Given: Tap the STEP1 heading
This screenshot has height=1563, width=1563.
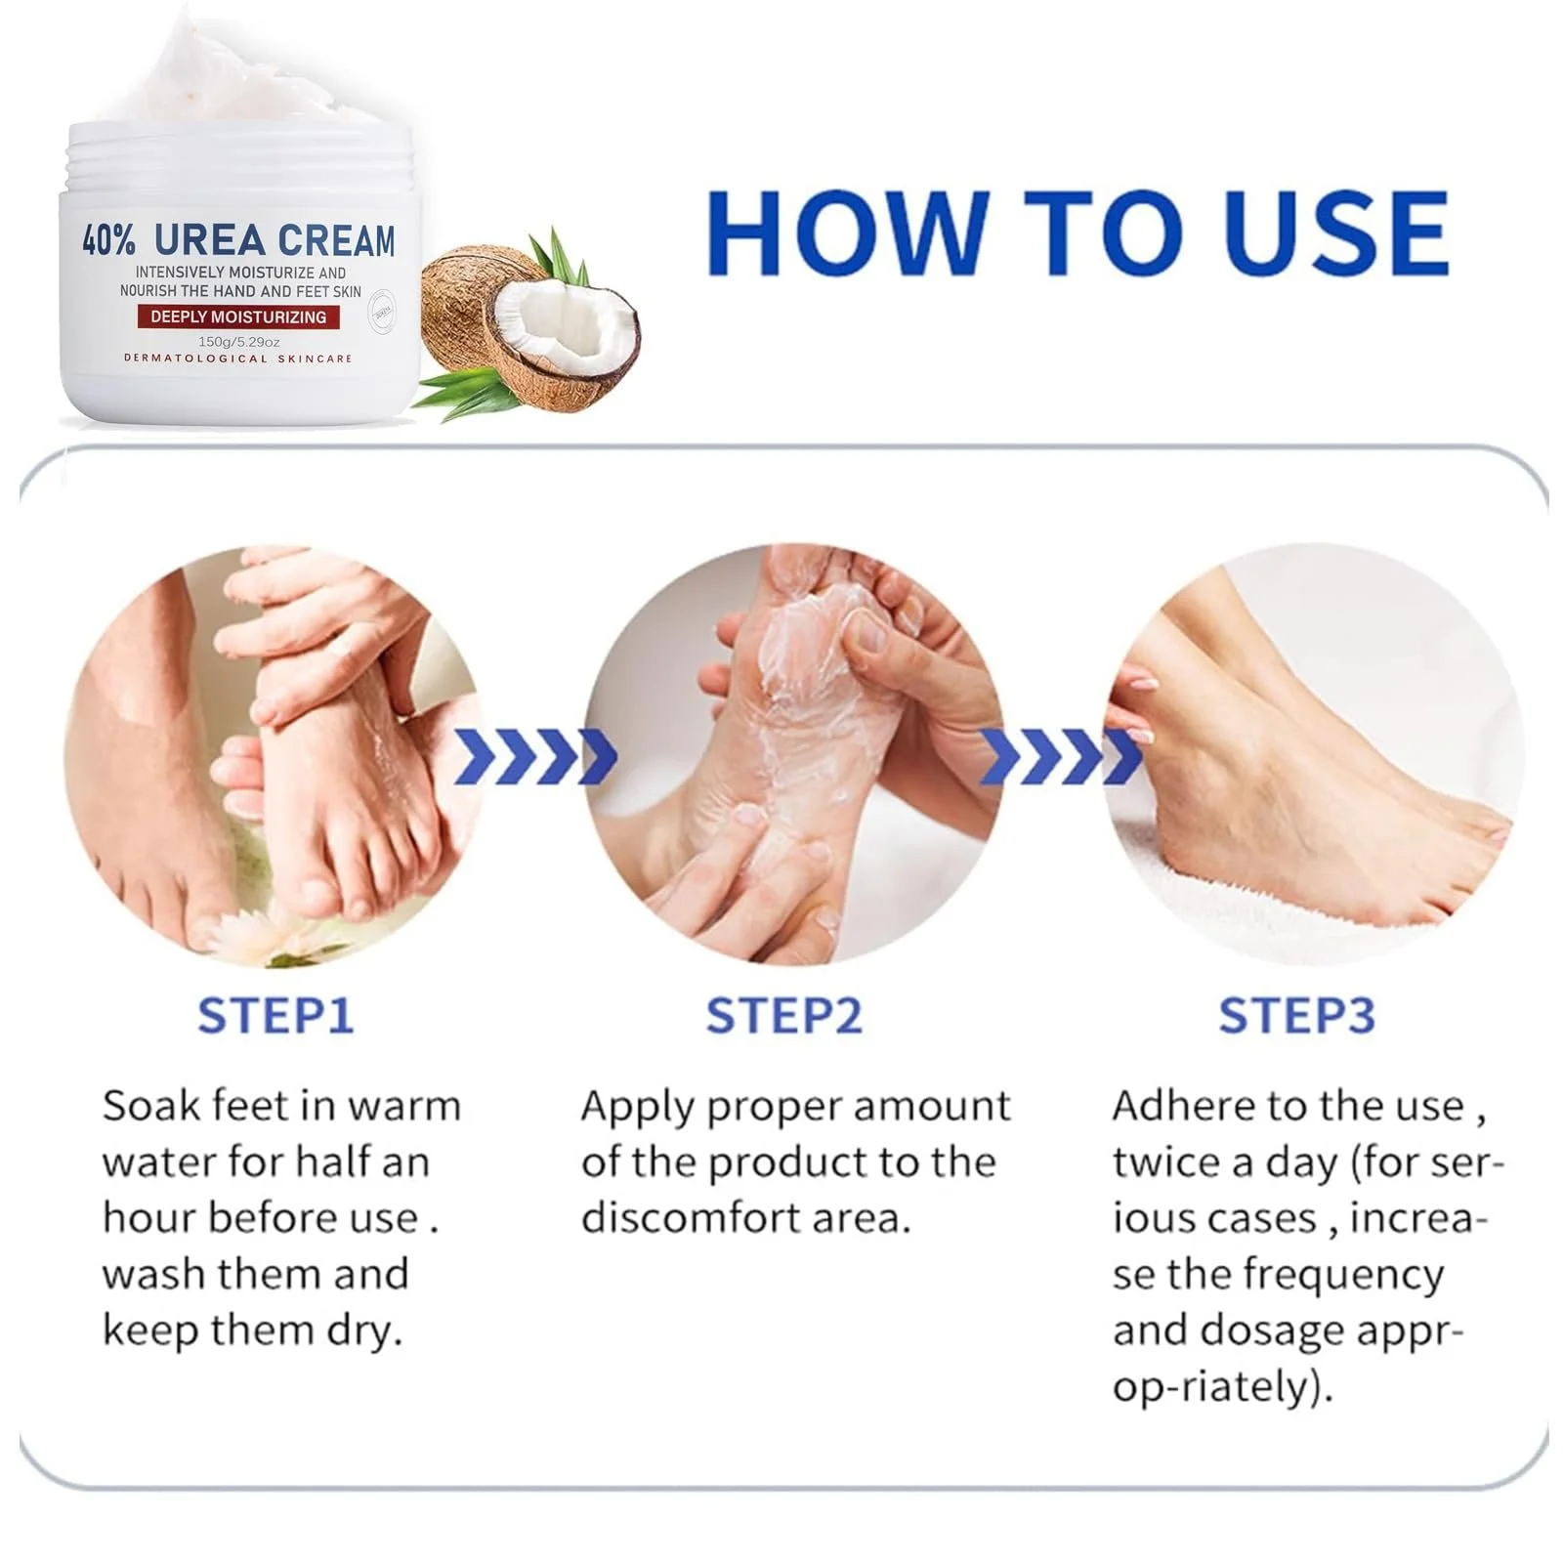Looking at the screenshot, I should tap(275, 1016).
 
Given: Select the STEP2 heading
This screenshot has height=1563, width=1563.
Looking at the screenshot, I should tap(784, 1016).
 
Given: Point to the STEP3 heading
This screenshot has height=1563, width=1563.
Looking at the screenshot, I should tap(1296, 1016).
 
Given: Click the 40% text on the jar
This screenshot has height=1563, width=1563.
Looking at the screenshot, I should tap(107, 240).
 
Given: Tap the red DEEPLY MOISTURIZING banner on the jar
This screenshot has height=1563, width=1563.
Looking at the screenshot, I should tap(238, 317).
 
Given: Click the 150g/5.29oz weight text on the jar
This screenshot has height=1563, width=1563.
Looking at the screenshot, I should tap(238, 342).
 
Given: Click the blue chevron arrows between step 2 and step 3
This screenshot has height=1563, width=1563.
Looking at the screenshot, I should tap(1060, 756).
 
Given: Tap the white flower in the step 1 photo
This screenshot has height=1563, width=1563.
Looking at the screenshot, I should tap(244, 933).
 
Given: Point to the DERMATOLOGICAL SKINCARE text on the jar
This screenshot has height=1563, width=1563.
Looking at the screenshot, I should tap(237, 359).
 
